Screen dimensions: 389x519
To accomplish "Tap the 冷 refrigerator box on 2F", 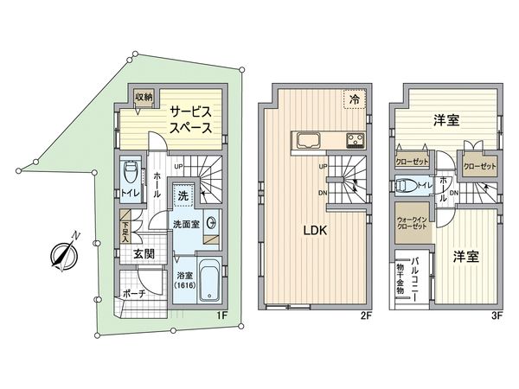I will click(x=355, y=100).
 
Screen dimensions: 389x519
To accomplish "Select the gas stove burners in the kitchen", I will click(x=356, y=141).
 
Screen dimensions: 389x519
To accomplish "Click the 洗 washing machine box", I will click(x=183, y=195).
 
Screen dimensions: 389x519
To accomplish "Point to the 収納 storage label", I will click(x=144, y=98).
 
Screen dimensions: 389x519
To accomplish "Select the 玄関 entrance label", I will click(x=144, y=256).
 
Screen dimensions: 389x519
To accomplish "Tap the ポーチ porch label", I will click(x=133, y=294).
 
